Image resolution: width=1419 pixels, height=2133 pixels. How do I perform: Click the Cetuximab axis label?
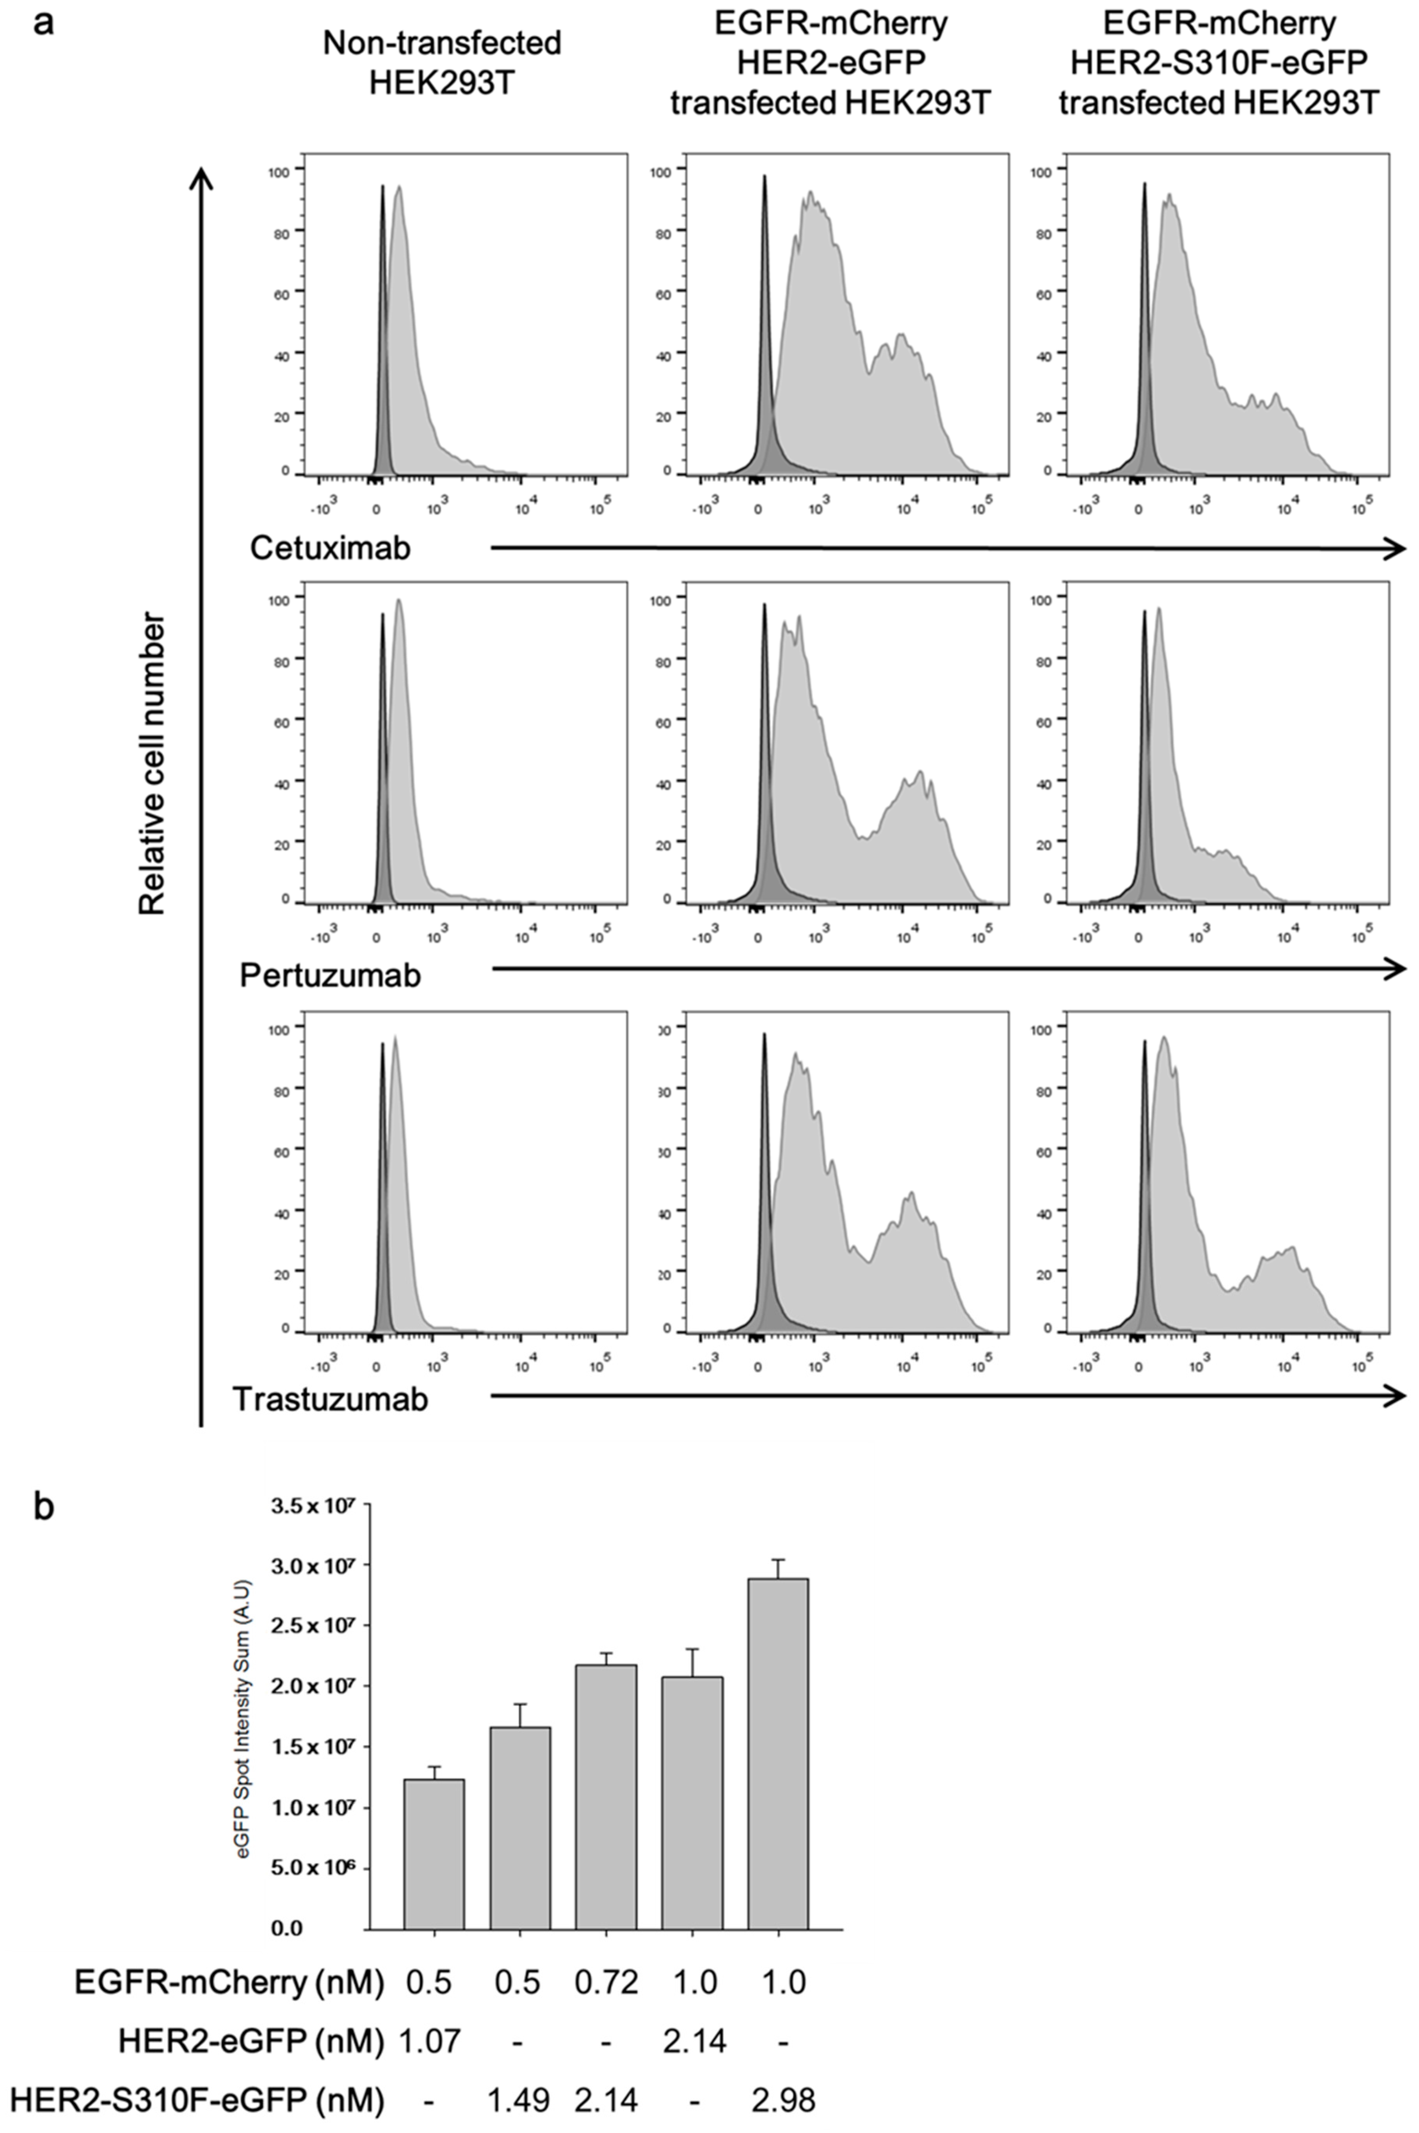tap(330, 548)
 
